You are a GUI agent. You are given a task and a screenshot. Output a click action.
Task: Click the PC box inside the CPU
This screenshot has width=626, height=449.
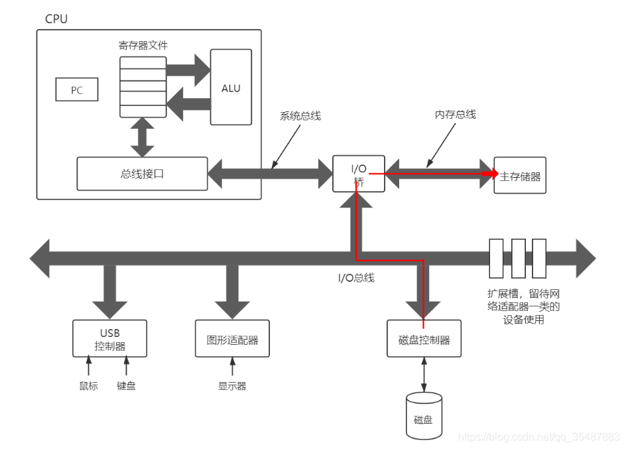(x=77, y=90)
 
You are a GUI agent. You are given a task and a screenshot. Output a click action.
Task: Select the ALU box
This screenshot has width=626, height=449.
(x=231, y=87)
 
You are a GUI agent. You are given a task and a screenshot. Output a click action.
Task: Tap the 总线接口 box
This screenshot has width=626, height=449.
(x=142, y=174)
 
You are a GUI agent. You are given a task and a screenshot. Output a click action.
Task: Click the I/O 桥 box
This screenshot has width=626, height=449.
(x=358, y=174)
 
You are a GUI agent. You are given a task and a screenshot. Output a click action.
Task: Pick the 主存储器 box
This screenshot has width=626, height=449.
(x=520, y=176)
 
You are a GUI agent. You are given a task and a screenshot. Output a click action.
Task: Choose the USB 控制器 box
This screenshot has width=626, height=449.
(x=109, y=338)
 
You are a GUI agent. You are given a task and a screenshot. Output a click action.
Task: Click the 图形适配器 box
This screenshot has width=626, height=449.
(x=232, y=340)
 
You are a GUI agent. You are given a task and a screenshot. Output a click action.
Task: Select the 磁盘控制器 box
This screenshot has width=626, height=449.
(x=424, y=340)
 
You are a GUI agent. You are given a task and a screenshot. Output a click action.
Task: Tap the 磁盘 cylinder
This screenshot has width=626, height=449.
(x=424, y=417)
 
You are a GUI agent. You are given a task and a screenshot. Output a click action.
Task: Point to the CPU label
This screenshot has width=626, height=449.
(x=56, y=19)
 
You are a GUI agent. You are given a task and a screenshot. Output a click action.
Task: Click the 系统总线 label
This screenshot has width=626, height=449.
(x=300, y=116)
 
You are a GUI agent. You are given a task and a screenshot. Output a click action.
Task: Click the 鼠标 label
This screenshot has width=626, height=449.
(x=88, y=385)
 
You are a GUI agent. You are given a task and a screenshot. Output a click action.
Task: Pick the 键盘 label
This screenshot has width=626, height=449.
(x=126, y=385)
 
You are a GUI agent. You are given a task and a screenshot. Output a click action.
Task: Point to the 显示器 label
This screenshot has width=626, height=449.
(x=232, y=385)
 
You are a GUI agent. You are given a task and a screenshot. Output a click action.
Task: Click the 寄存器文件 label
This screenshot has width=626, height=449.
(x=143, y=46)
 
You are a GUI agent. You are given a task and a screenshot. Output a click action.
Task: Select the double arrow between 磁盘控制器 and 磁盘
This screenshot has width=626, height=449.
(x=424, y=375)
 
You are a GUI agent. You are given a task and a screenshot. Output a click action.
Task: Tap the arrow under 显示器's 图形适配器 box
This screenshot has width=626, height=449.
(x=232, y=367)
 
